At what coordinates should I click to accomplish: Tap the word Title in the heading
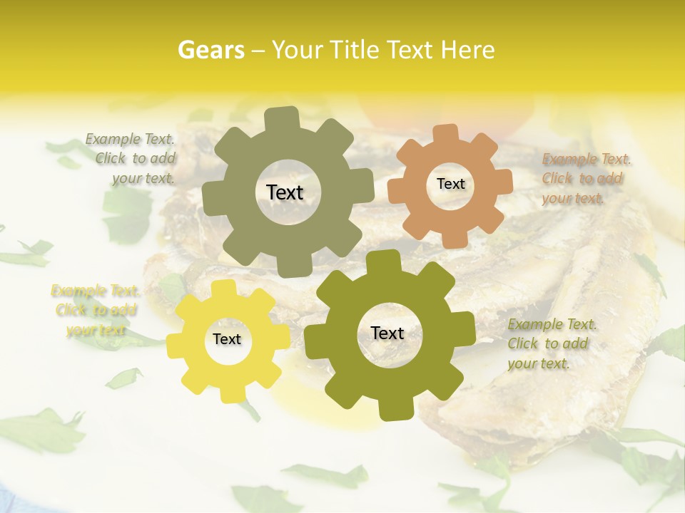point(359,49)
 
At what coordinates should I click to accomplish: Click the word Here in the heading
point(468,49)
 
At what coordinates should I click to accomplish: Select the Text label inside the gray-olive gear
point(285,192)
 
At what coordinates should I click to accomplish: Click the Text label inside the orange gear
point(450,184)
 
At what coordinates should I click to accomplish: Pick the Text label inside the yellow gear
point(227,339)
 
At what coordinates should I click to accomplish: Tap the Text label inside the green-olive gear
point(387,333)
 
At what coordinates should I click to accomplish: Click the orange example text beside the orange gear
point(584,178)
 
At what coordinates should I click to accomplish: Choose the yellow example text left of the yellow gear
point(96,310)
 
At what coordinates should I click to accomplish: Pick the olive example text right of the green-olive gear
point(550,343)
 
